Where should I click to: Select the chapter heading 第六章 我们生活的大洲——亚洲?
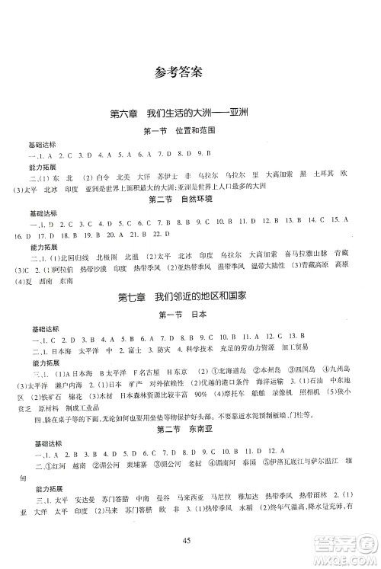(x=190, y=115)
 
